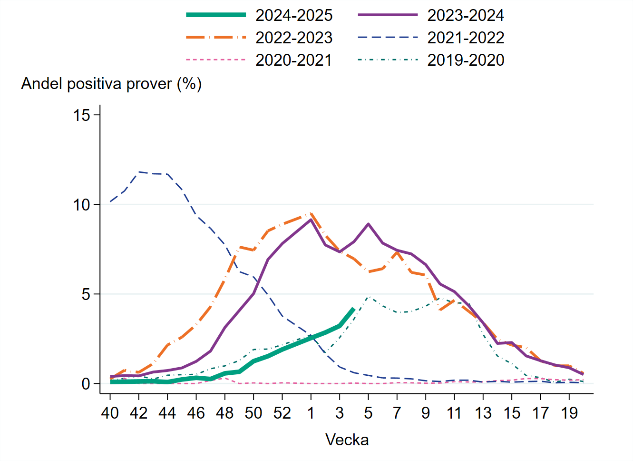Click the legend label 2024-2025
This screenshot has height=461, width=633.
click(x=293, y=15)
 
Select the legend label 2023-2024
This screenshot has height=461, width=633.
click(x=465, y=15)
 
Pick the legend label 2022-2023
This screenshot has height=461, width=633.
click(x=293, y=38)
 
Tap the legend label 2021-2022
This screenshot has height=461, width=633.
click(x=465, y=38)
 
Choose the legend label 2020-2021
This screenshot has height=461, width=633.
click(x=293, y=60)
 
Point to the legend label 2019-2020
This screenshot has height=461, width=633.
click(x=465, y=60)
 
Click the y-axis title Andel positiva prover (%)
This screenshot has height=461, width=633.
click(x=111, y=84)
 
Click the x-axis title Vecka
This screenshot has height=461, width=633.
click(x=347, y=440)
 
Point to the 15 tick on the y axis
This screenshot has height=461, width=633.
click(x=82, y=115)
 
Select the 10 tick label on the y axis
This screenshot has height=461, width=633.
click(x=82, y=205)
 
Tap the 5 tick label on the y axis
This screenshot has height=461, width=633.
click(x=86, y=294)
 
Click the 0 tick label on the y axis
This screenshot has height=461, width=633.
click(x=86, y=384)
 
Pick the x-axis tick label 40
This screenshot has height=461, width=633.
click(x=110, y=413)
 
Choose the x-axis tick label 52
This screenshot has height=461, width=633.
click(x=282, y=413)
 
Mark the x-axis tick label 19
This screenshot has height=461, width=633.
click(x=569, y=413)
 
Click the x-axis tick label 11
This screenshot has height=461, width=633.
click(x=454, y=413)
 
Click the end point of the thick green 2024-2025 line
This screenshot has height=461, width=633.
click(x=353, y=309)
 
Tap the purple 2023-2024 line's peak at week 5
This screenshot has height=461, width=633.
click(x=368, y=224)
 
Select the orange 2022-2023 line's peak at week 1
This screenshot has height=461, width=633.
click(x=311, y=214)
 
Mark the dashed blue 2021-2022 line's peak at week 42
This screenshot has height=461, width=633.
click(x=139, y=172)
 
